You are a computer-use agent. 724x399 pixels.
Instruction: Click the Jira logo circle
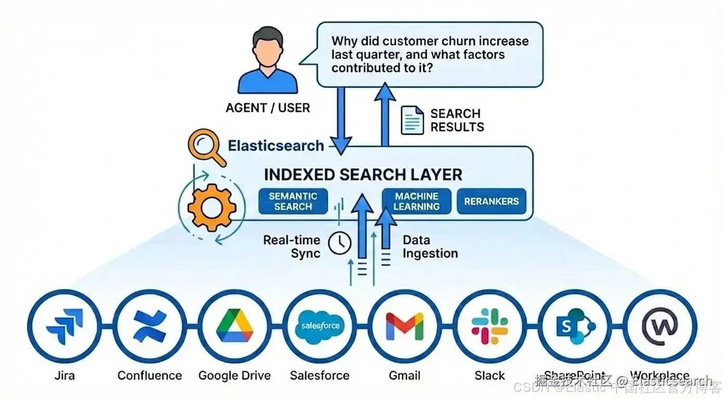click(x=64, y=327)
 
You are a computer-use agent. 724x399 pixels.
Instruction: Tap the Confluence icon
click(x=150, y=327)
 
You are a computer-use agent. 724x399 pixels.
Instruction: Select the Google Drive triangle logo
click(x=235, y=327)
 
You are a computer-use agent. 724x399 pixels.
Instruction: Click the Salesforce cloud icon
click(x=320, y=327)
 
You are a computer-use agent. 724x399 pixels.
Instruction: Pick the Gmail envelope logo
click(x=405, y=327)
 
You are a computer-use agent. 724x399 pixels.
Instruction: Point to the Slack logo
click(x=490, y=327)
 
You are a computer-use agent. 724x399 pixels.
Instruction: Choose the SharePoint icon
click(x=575, y=327)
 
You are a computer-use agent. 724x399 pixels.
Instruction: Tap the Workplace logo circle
click(x=660, y=327)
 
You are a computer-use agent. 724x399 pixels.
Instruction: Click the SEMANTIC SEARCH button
click(x=293, y=202)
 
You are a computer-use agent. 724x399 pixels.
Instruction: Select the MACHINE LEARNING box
click(x=416, y=202)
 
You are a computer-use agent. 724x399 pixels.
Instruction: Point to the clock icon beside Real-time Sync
click(x=340, y=243)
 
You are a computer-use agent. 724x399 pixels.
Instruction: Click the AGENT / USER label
click(x=267, y=108)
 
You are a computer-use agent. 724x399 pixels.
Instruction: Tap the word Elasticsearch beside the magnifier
click(x=276, y=145)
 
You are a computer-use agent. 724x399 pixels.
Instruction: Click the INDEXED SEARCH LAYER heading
click(x=363, y=175)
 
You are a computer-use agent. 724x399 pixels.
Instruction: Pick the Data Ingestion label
click(x=430, y=247)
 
